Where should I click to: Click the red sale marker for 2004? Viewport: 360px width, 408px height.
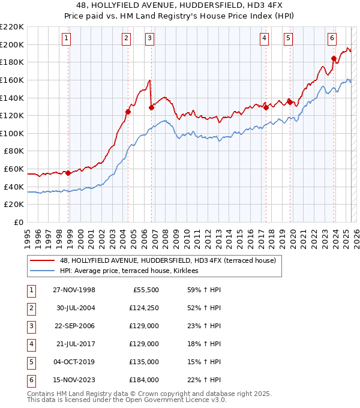coord(128,112)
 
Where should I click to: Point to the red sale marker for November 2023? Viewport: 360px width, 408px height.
coord(334,58)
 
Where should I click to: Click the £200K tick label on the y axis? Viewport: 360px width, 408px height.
coord(12,44)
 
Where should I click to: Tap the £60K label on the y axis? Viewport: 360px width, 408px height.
coord(14,169)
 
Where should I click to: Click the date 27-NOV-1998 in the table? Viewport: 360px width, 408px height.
coord(74,290)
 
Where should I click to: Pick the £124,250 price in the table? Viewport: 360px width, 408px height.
coord(144,308)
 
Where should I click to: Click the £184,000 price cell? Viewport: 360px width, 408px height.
coord(144,380)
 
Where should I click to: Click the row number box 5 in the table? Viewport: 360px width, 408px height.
coord(30,362)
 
